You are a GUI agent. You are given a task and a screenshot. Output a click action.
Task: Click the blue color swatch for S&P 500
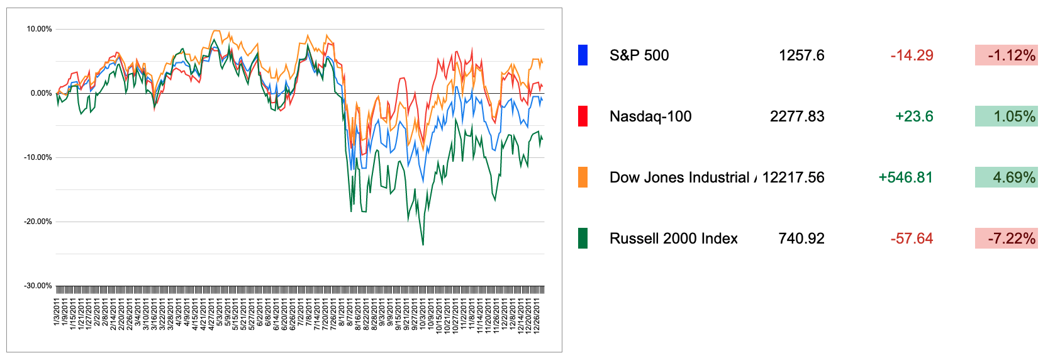(583, 55)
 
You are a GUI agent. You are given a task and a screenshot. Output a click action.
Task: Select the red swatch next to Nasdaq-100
(583, 116)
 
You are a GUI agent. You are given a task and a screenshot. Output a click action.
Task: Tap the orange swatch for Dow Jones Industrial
(583, 177)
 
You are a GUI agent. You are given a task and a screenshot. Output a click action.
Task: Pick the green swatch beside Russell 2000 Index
(583, 239)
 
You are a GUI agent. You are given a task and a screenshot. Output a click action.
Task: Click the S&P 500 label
(639, 55)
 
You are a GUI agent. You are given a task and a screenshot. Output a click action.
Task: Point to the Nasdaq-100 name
(650, 116)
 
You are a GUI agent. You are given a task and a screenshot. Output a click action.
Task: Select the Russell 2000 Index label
(674, 239)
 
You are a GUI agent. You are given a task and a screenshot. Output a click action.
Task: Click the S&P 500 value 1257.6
(801, 55)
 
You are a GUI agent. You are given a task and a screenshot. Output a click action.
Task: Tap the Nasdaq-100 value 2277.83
(797, 116)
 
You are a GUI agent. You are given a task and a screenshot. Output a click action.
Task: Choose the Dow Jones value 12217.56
(793, 177)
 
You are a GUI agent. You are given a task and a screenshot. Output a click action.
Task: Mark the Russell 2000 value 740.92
(801, 239)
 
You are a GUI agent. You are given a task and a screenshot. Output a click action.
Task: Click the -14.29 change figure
(912, 55)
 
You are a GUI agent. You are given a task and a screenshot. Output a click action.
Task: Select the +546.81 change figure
(905, 177)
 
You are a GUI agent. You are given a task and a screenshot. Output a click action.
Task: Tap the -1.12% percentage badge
(1006, 55)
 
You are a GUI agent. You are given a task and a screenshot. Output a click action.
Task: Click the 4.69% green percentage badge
(1006, 177)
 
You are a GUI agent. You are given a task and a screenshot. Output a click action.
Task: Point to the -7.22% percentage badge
(1006, 239)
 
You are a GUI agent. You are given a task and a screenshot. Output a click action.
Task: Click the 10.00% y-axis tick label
(39, 29)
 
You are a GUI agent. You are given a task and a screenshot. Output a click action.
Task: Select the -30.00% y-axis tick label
(38, 286)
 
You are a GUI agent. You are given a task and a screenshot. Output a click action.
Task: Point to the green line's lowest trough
(423, 244)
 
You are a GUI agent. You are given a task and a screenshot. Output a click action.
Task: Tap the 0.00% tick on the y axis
(41, 93)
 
